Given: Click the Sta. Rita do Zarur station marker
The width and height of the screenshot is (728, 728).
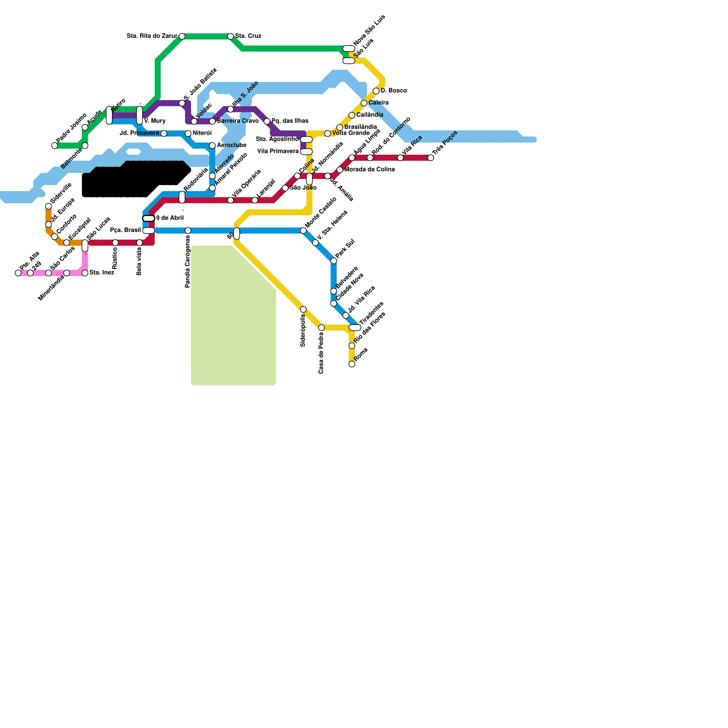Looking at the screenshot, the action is point(182,36).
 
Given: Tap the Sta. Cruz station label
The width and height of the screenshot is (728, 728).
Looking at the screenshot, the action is point(248,36).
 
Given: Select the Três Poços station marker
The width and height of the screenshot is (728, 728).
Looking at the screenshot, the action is point(431,158).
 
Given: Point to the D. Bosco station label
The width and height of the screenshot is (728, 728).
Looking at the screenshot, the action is point(394,91).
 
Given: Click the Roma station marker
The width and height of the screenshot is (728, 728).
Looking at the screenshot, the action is point(352,364).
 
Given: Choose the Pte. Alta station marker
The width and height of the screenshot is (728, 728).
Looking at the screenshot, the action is point(18,273).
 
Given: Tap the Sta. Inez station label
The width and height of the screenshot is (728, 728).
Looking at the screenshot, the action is point(101,273).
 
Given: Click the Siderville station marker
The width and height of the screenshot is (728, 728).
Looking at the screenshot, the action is point(49,207).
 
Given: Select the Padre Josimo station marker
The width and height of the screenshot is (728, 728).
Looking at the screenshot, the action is point(55,146).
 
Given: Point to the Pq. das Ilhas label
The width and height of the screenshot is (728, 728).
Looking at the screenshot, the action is point(290,121).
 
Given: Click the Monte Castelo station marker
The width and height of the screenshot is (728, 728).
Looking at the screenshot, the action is point(303,231).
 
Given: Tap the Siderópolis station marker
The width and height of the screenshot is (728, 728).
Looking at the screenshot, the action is point(303,309).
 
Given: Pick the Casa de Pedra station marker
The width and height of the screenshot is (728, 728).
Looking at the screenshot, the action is point(322,328).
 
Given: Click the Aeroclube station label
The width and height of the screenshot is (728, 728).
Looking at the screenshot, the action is point(232,146).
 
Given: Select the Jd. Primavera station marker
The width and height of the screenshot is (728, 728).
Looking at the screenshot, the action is point(164,133).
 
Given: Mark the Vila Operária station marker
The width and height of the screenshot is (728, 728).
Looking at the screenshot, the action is point(231,200).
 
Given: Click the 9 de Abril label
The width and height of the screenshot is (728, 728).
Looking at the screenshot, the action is point(170,218).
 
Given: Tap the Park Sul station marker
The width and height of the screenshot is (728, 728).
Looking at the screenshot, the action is point(334,261).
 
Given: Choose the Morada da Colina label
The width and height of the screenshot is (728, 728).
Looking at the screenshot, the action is point(369,170).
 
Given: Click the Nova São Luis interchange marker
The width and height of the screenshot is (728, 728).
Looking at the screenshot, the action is point(349,49).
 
